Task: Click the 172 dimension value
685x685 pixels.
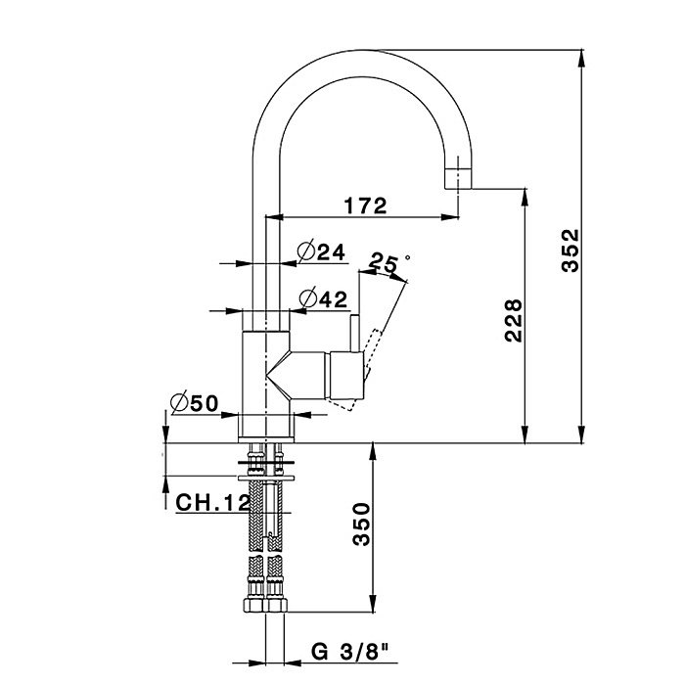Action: (x=366, y=205)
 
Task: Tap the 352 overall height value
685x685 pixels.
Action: (x=571, y=251)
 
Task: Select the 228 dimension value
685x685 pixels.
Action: (x=514, y=320)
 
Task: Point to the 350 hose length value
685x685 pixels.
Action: (x=361, y=524)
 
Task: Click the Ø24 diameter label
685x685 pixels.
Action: (x=321, y=251)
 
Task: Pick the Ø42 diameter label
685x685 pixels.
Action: (x=323, y=298)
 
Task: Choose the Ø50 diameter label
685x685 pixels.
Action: (x=195, y=402)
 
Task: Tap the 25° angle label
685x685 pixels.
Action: (x=389, y=262)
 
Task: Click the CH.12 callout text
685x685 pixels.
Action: (x=212, y=502)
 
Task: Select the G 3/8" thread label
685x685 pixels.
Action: (x=350, y=652)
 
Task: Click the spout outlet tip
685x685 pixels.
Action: (x=458, y=188)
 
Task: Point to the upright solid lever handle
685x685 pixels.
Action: (x=354, y=333)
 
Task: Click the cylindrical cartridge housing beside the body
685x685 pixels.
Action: (x=346, y=376)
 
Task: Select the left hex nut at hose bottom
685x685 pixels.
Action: (x=253, y=605)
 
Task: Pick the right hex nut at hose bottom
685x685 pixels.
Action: (x=277, y=605)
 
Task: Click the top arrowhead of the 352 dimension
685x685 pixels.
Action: (x=581, y=59)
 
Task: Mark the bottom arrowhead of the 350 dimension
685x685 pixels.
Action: (x=373, y=603)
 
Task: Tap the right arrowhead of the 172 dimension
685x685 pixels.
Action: (x=449, y=216)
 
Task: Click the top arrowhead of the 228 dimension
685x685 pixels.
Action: (x=525, y=197)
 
